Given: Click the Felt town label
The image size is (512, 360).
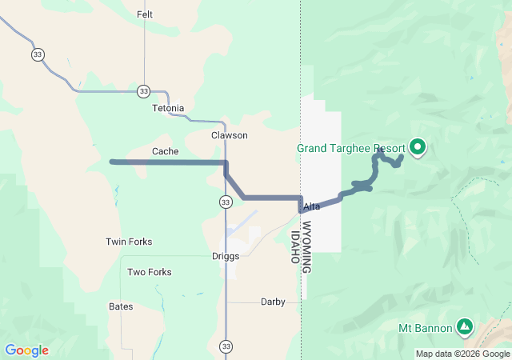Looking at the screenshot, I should (145, 14).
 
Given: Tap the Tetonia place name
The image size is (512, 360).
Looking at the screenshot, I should (166, 108).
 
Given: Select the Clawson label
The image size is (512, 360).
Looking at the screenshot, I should (229, 135).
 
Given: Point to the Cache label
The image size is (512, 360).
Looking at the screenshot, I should (165, 151).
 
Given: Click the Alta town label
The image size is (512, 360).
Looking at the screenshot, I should (312, 206).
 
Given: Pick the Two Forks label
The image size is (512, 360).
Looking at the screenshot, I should (149, 272).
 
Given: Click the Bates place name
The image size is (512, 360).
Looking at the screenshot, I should (121, 306).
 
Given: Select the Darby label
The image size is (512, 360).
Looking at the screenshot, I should (272, 302).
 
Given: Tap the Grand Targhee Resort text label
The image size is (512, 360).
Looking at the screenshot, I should (350, 148).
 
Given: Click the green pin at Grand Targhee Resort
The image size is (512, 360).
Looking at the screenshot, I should (417, 146).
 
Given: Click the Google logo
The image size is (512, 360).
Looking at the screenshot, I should (26, 350).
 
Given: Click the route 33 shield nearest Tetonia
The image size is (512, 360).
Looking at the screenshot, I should (143, 90).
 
